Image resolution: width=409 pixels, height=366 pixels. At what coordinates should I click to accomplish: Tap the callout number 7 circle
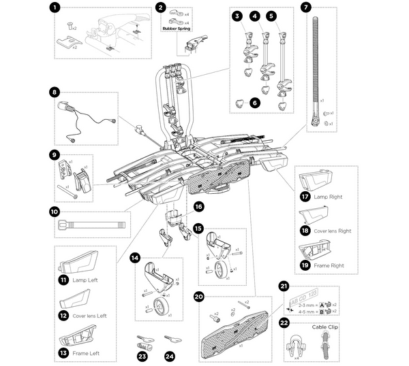tap(305, 9)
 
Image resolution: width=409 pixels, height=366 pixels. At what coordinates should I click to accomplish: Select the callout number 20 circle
tap(199, 296)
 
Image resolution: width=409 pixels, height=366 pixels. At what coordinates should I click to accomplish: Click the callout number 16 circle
tap(198, 205)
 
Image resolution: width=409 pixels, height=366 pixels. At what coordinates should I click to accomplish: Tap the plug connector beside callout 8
tap(68, 107)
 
